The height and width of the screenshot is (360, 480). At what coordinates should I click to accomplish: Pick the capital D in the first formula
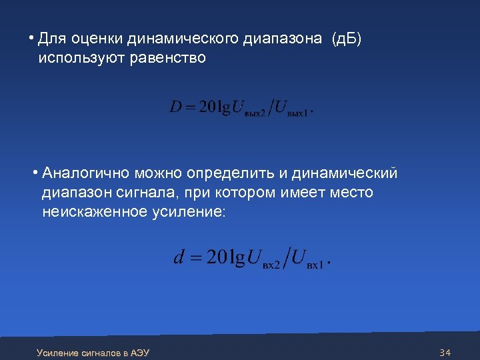176,107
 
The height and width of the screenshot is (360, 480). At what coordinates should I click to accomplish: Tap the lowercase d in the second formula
179,257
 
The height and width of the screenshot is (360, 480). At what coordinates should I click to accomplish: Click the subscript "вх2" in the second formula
271,264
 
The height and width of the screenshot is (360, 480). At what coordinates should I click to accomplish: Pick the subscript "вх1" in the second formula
315,264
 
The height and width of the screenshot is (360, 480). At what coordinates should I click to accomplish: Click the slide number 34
446,352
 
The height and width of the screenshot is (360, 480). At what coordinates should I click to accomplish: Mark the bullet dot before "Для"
31,37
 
